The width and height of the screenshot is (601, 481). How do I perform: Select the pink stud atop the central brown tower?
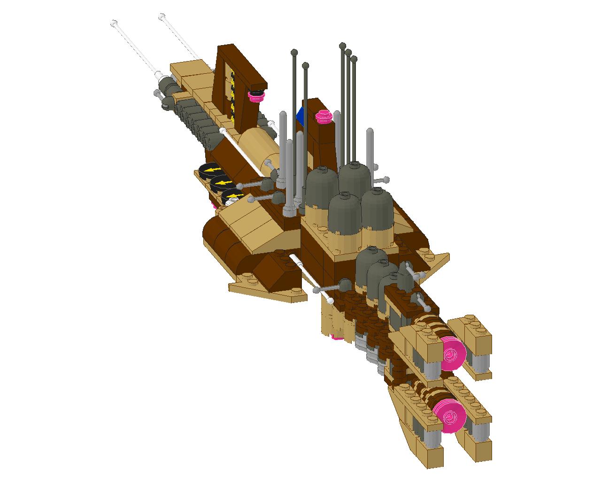(323, 116)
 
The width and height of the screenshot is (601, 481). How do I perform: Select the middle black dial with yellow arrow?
(221, 183)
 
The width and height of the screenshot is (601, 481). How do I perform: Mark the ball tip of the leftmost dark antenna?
(294, 52)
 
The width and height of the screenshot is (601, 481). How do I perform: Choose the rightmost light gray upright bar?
(370, 146)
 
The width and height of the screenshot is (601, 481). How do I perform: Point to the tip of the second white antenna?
(162, 17)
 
